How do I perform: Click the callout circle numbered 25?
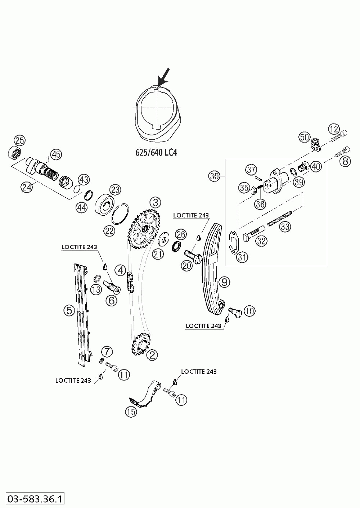coord(20,141)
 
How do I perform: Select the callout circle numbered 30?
coord(214,176)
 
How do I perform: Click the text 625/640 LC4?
coord(156,152)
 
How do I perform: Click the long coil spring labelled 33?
coord(279,219)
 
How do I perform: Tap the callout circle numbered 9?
coord(224,282)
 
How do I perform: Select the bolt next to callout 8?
coord(343,152)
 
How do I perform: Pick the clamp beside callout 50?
coord(316,145)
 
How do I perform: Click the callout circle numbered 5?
coord(69,310)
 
